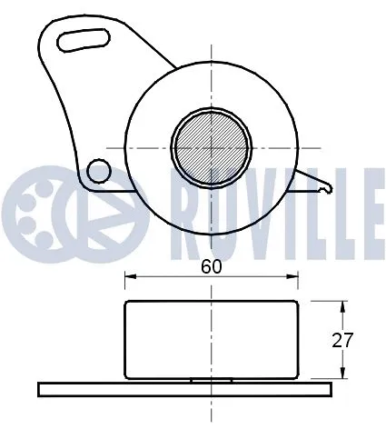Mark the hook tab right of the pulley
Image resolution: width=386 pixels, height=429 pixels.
pos(320,186)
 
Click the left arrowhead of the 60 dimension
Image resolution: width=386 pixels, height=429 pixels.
pos(128,276)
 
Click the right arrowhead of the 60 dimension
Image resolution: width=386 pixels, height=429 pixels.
pos(296,276)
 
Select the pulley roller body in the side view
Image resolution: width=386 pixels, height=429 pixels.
pos(212,338)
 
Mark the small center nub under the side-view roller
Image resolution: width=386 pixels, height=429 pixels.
pos(212,381)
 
